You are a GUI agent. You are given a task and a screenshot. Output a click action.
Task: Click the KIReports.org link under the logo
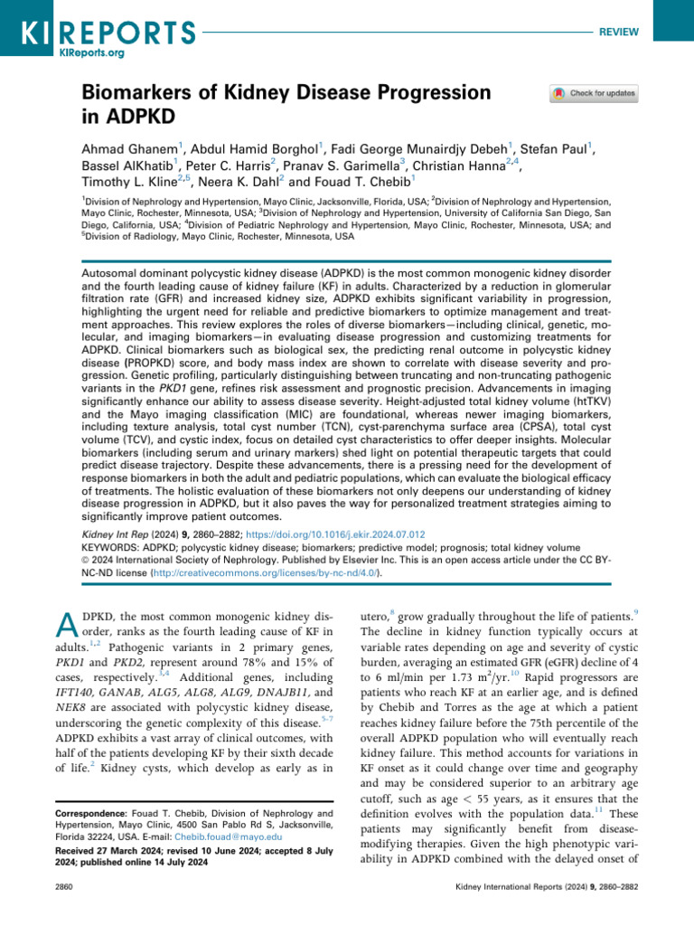90,53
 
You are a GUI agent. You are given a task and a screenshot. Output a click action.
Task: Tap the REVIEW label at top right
619,32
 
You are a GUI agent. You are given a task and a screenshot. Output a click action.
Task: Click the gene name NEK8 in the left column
70,721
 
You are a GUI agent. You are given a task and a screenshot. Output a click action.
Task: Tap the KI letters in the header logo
35,31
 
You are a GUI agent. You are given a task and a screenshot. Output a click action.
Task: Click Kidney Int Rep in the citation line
102,535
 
